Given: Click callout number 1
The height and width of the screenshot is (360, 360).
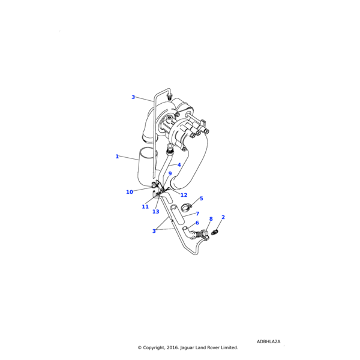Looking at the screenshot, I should point(117,157).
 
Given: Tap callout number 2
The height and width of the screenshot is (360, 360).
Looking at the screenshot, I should point(223,217).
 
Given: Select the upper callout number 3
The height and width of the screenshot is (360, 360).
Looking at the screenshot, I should point(133,97).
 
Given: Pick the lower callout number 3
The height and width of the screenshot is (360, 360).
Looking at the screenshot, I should point(154,231).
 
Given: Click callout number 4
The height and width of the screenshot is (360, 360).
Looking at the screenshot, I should point(179,165).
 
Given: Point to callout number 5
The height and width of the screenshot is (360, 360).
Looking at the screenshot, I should point(201,199).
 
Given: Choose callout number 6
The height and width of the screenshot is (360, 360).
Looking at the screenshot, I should point(197,223).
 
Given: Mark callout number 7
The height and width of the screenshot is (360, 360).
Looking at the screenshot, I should point(197,214).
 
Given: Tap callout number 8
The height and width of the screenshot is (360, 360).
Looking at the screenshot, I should point(211,220).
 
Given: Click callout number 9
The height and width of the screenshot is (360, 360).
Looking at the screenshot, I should point(170,174).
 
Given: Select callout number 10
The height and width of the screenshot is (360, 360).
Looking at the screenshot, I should point(130,192).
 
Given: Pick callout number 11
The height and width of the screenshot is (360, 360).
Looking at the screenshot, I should point(145,207).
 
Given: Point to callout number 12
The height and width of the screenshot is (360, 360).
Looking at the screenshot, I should point(184,195).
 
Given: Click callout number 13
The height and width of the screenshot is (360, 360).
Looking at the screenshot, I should point(156,212).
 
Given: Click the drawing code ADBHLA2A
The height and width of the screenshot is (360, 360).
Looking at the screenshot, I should point(268,341).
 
